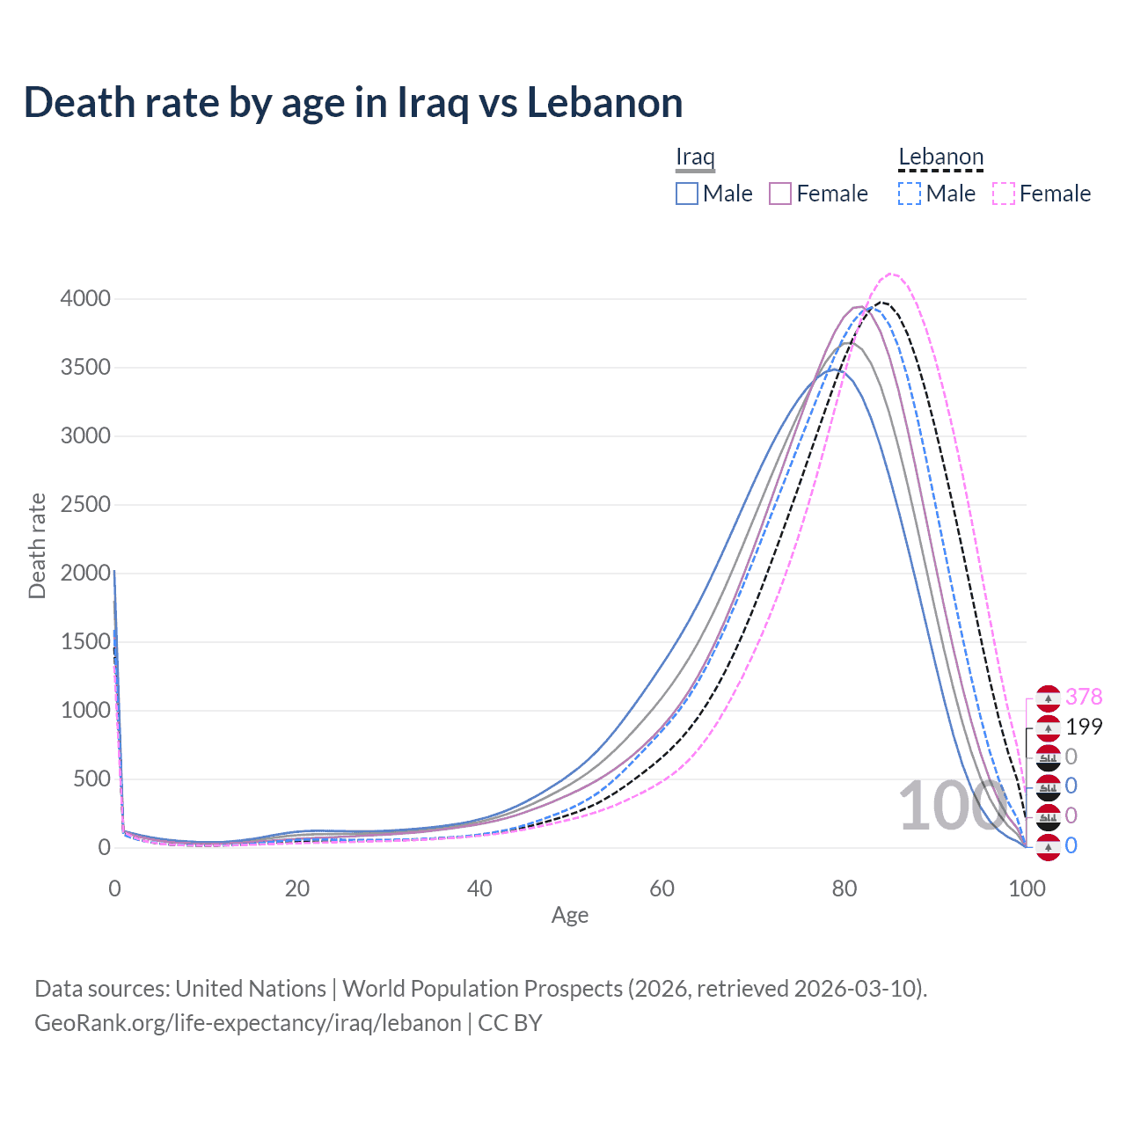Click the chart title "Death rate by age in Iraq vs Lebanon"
pos(353,103)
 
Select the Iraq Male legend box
pos(687,194)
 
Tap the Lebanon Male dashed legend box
pos(910,194)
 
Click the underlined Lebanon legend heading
pos(940,157)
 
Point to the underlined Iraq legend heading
pos(695,157)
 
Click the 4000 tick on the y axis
pos(85,299)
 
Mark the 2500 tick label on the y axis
pos(85,505)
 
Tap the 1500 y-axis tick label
pos(85,642)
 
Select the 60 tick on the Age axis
pos(662,888)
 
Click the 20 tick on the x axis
pos(297,888)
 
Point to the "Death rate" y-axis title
pos(37,546)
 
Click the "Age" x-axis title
pos(570,916)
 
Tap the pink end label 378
pos(1084,697)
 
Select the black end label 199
pos(1084,727)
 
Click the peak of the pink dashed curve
pos(892,274)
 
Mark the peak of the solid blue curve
pos(832,369)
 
